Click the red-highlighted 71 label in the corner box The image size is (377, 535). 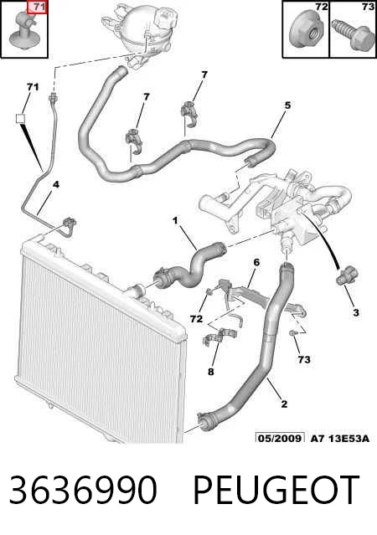[x=37, y=8]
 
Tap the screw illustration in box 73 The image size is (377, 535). [x=353, y=33]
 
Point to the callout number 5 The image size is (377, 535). [x=287, y=105]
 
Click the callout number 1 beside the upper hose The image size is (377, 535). [x=175, y=221]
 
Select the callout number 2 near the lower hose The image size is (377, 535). [x=284, y=404]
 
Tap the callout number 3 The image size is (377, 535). [x=356, y=311]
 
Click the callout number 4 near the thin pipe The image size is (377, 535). [x=55, y=184]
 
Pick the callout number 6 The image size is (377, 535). [x=256, y=262]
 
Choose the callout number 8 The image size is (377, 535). [x=210, y=371]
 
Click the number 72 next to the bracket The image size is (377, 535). [x=196, y=319]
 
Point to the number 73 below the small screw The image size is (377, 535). [x=304, y=359]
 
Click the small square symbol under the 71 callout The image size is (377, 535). [x=21, y=118]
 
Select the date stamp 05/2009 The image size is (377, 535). [x=280, y=438]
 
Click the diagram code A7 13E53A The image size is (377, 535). [x=340, y=438]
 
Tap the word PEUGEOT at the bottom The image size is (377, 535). [x=276, y=490]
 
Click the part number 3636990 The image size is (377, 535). [x=83, y=490]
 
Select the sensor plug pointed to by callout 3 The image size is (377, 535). [x=346, y=275]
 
